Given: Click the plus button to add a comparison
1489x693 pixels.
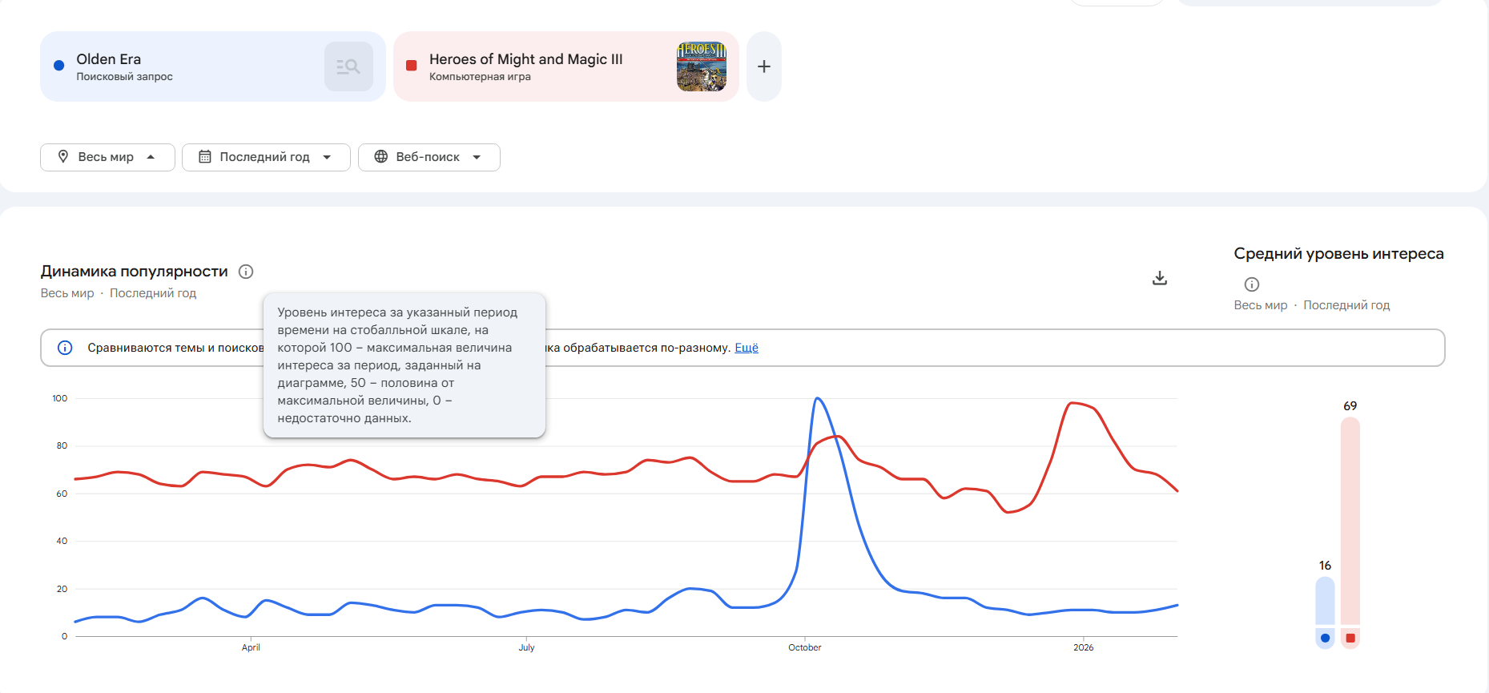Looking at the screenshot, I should click(763, 66).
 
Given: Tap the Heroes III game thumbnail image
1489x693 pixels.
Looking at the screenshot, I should click(701, 66).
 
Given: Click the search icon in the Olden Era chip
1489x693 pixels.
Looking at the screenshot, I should click(348, 66).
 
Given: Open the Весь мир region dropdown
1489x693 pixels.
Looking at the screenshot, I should click(107, 157).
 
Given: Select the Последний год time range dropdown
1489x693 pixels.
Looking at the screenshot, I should click(266, 157).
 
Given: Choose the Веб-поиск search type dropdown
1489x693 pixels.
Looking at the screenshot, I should click(429, 157).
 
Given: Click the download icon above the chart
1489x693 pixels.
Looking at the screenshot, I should click(1159, 278).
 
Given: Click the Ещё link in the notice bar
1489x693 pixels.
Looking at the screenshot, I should click(746, 348).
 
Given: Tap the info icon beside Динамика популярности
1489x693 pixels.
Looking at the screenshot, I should click(246, 272).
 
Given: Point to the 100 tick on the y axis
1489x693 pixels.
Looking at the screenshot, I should click(60, 398).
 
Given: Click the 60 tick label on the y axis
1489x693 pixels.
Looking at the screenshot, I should click(62, 494).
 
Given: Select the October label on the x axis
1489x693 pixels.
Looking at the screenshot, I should click(804, 647).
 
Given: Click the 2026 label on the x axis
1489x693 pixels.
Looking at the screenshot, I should click(1083, 647).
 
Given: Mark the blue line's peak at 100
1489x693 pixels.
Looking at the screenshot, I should click(817, 398).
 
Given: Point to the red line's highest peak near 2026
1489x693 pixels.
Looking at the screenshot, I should click(1072, 403).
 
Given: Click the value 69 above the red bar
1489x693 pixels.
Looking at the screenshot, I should click(1350, 406).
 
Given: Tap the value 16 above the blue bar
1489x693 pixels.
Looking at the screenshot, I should click(1325, 566).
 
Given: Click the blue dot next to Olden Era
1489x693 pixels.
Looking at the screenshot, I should click(58, 66).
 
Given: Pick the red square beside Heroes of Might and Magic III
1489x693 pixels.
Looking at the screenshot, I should click(412, 66).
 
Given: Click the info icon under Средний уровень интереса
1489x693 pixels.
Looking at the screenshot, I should click(1251, 284).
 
